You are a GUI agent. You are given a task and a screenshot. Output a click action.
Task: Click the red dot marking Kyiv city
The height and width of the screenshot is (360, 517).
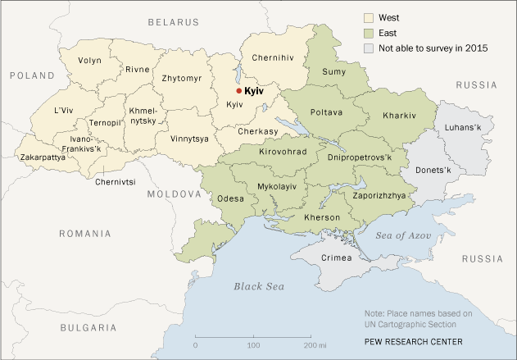pos(238,91)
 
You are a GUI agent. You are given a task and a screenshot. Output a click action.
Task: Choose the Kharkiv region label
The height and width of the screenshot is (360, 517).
pos(400,116)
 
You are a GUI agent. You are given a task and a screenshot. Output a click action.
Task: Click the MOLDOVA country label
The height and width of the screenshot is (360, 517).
pos(174,194)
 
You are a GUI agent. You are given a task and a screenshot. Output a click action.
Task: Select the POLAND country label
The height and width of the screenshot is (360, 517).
pos(31,75)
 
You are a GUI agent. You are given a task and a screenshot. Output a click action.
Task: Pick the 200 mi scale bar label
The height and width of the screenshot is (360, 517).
pos(312,344)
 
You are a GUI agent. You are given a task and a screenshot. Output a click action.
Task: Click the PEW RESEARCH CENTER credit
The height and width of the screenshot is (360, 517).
pos(415,341)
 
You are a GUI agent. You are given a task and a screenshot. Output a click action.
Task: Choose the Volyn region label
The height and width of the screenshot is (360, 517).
pos(90,61)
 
